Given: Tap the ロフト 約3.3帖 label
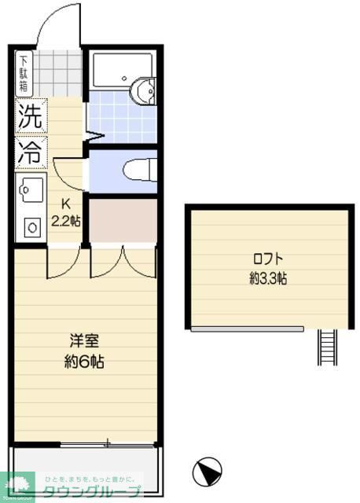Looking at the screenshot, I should coord(267,268).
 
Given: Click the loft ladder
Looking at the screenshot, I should coord(327,347).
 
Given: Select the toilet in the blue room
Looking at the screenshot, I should coord(140,168).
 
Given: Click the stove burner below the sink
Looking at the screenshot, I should coord(32,227).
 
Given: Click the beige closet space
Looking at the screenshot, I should coord(123,222).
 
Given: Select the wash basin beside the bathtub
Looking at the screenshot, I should coord(144,91).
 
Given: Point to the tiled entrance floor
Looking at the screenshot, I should coord(59,71).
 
